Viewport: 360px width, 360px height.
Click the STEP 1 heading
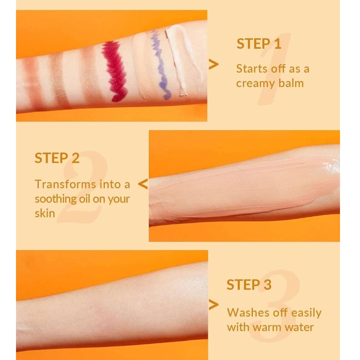[259, 44]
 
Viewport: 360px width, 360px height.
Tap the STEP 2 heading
[57, 158]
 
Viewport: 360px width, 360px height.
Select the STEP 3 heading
[249, 285]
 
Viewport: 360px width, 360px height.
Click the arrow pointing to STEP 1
[214, 64]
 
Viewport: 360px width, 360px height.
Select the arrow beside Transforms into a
[143, 184]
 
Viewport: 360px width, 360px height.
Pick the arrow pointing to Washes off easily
[214, 305]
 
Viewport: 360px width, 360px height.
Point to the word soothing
[55, 199]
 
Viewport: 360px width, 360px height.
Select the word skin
[44, 213]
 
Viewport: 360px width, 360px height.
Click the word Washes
[250, 312]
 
